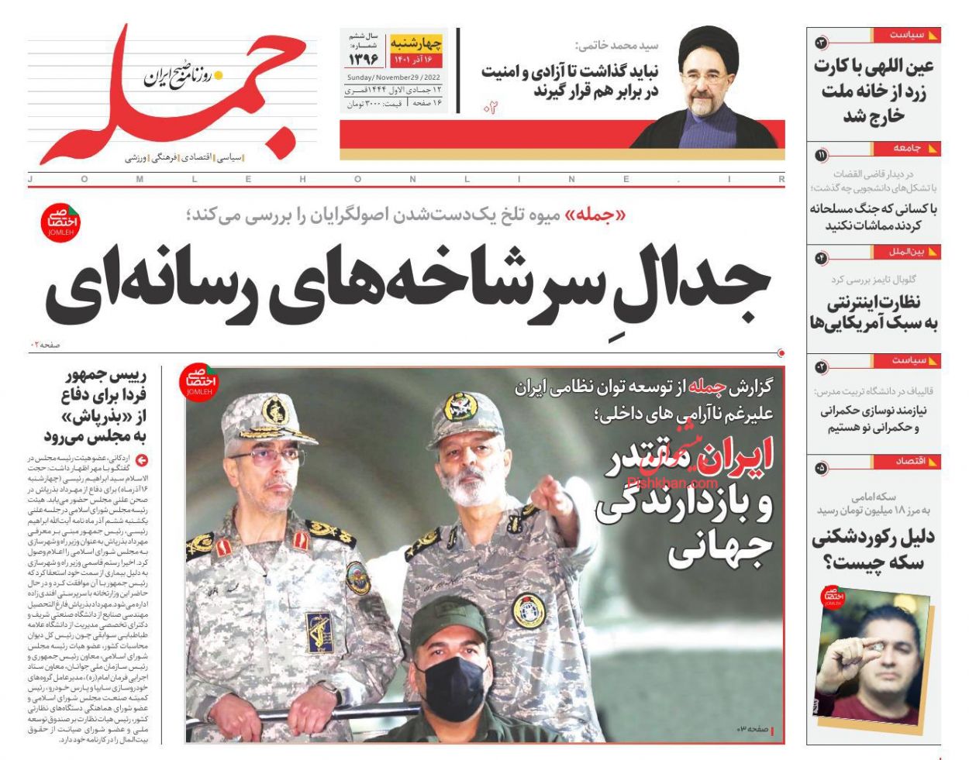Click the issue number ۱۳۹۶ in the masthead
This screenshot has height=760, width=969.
click(x=364, y=59)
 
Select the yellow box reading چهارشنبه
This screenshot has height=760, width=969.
click(x=416, y=42)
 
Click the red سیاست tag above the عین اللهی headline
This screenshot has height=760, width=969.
click(x=907, y=35)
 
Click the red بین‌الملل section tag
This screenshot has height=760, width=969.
click(x=907, y=252)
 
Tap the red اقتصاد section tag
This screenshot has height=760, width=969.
click(x=911, y=461)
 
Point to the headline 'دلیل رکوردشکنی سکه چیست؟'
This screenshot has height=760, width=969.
click(x=873, y=549)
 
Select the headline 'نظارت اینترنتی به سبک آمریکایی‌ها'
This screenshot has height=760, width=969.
click(x=874, y=311)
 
